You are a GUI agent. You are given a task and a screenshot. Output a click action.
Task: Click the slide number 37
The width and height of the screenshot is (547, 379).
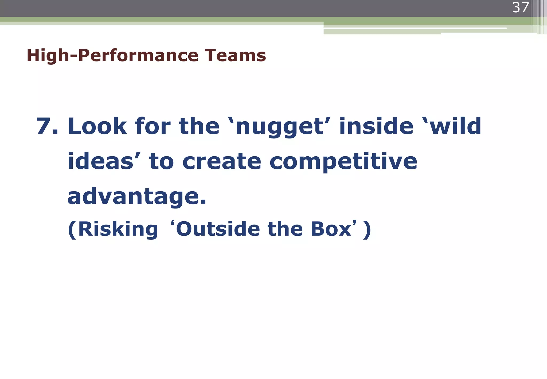point(520,8)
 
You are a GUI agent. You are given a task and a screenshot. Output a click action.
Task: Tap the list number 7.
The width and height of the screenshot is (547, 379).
point(47,126)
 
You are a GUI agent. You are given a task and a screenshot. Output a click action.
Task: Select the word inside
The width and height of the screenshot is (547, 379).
point(376,126)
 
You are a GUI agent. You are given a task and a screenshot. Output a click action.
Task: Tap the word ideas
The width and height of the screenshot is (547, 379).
point(100,161)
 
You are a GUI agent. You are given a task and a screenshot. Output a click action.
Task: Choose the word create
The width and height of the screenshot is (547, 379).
point(222,162)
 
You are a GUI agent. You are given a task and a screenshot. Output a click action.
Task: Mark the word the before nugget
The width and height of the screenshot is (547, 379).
point(199,126)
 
